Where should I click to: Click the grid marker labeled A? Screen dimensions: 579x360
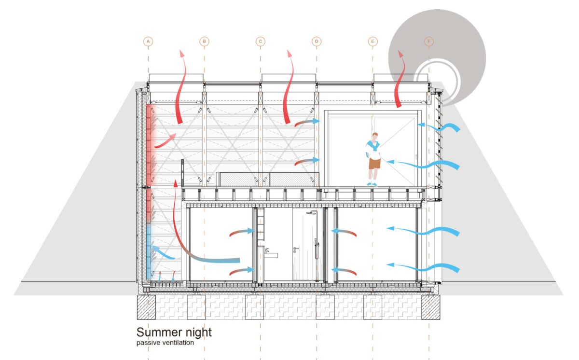(148, 42)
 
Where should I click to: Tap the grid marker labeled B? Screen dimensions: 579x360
(204, 42)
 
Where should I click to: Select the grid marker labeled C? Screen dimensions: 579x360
(260, 42)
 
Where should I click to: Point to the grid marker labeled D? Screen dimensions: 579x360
(317, 42)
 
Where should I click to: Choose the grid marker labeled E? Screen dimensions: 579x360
(372, 42)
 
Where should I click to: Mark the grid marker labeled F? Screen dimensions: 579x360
(429, 42)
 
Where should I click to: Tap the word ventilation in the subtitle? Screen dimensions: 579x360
(179, 343)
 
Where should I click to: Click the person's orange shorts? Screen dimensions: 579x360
(374, 163)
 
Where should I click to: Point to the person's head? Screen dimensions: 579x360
(375, 136)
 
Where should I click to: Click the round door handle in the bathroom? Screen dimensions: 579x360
(295, 249)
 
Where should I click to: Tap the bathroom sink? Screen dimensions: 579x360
(271, 255)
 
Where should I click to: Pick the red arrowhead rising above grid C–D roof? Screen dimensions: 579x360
(289, 53)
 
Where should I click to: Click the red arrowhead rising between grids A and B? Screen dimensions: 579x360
(182, 53)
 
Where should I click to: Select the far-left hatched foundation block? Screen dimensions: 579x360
(146, 307)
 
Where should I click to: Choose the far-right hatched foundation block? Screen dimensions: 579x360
(430, 307)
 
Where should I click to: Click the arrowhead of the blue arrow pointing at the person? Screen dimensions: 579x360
(390, 162)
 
